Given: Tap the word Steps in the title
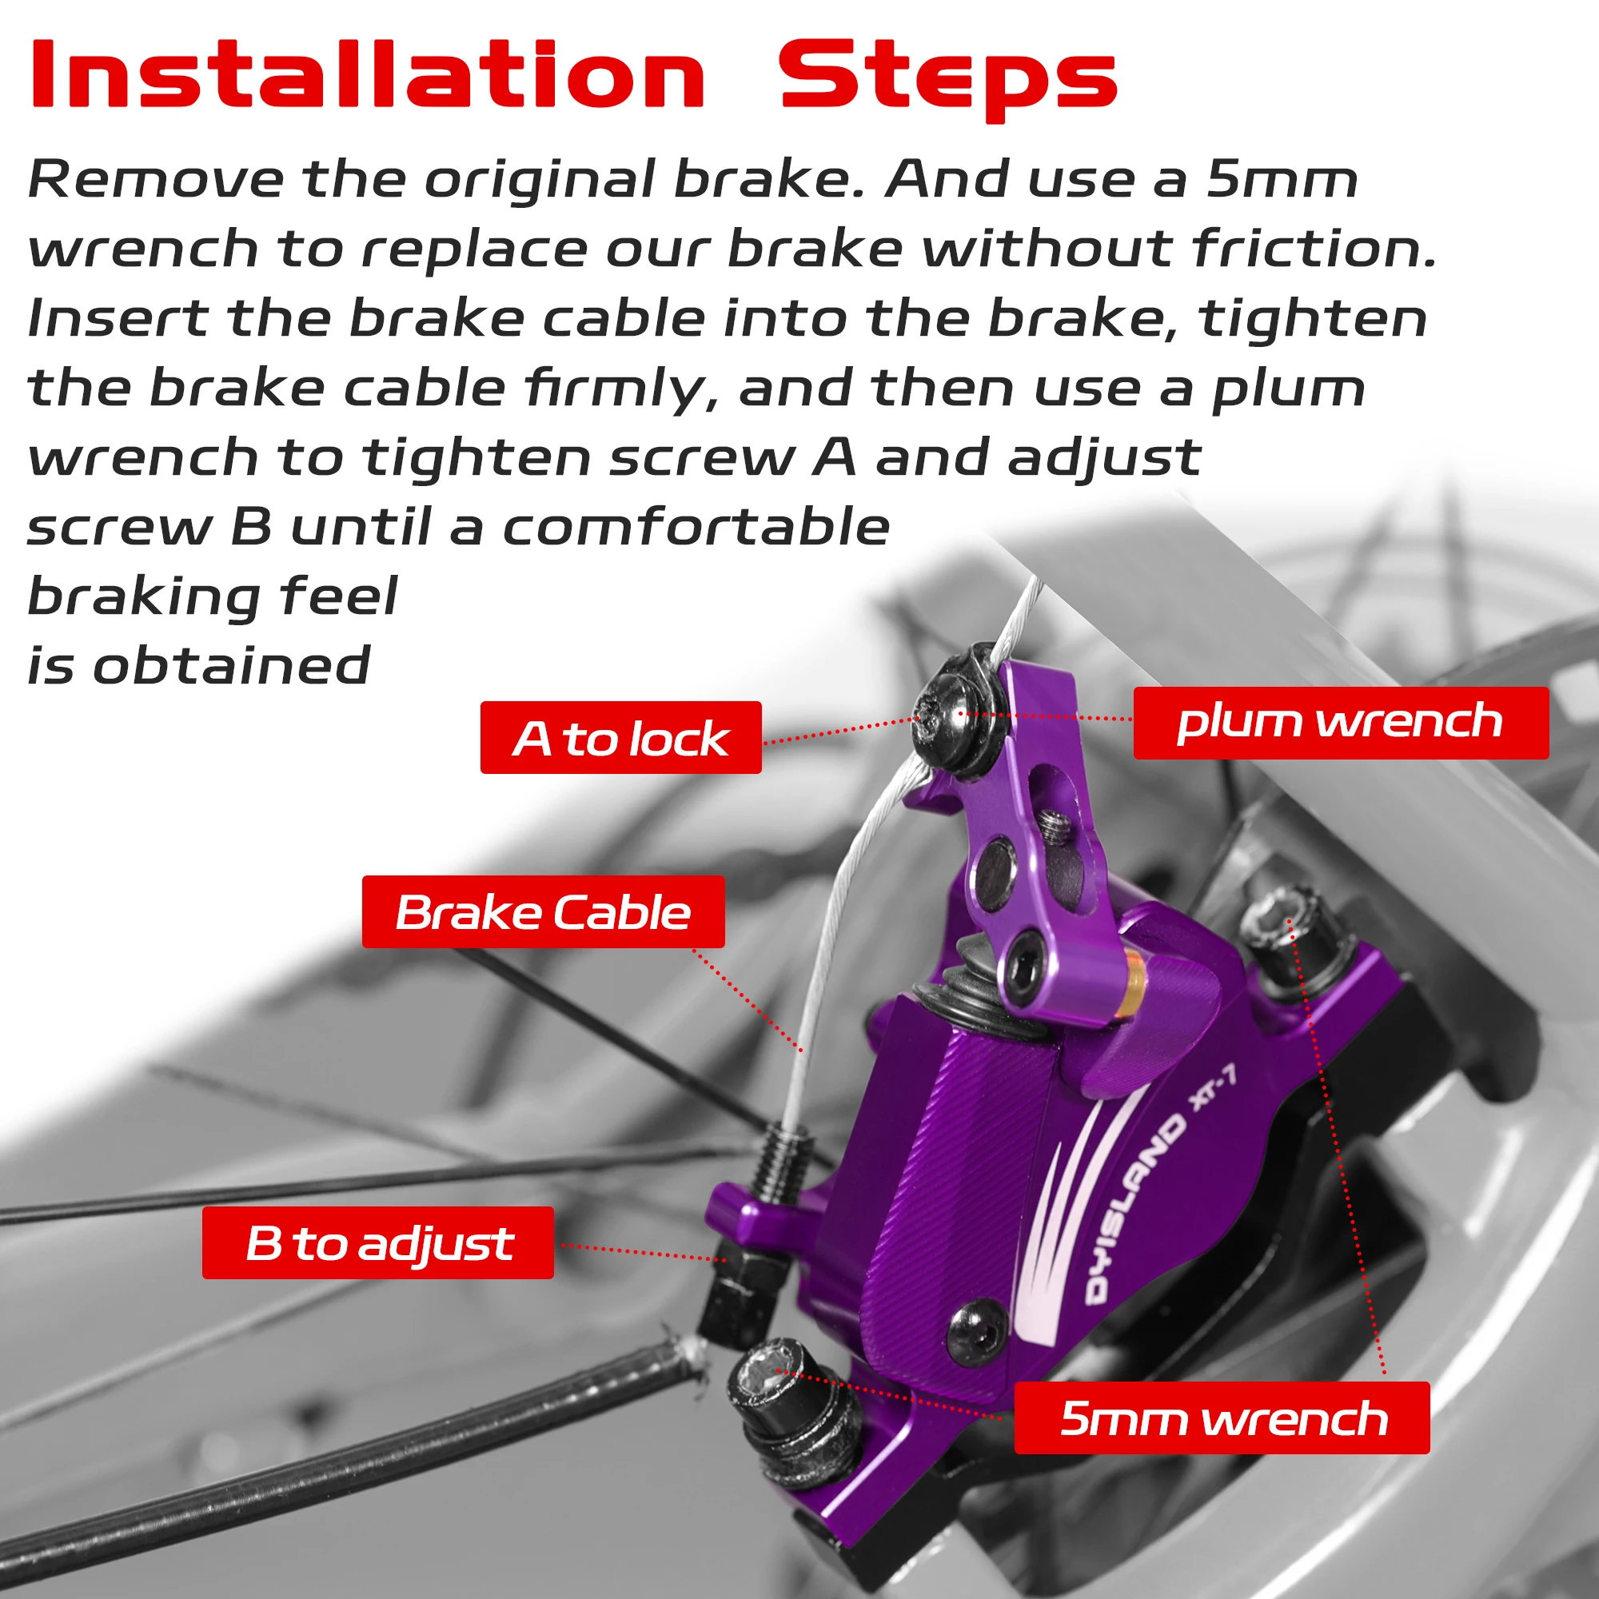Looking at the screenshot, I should tap(947, 78).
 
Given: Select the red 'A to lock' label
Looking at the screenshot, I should tap(620, 737).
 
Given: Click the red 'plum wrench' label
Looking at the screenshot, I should tap(1340, 722).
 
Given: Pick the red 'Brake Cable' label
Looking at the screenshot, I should tap(543, 912).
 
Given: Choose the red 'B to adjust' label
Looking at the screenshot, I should tap(378, 1242).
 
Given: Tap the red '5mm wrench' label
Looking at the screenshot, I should tap(1222, 1418).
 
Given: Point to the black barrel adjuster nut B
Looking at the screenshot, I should tap(739, 1292).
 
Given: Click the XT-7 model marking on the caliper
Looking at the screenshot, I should tap(1214, 1088).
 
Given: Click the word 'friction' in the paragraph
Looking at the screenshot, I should tap(1313, 249).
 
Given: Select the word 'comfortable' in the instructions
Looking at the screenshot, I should tap(696, 527).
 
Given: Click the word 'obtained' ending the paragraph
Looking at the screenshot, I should tap(231, 665).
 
